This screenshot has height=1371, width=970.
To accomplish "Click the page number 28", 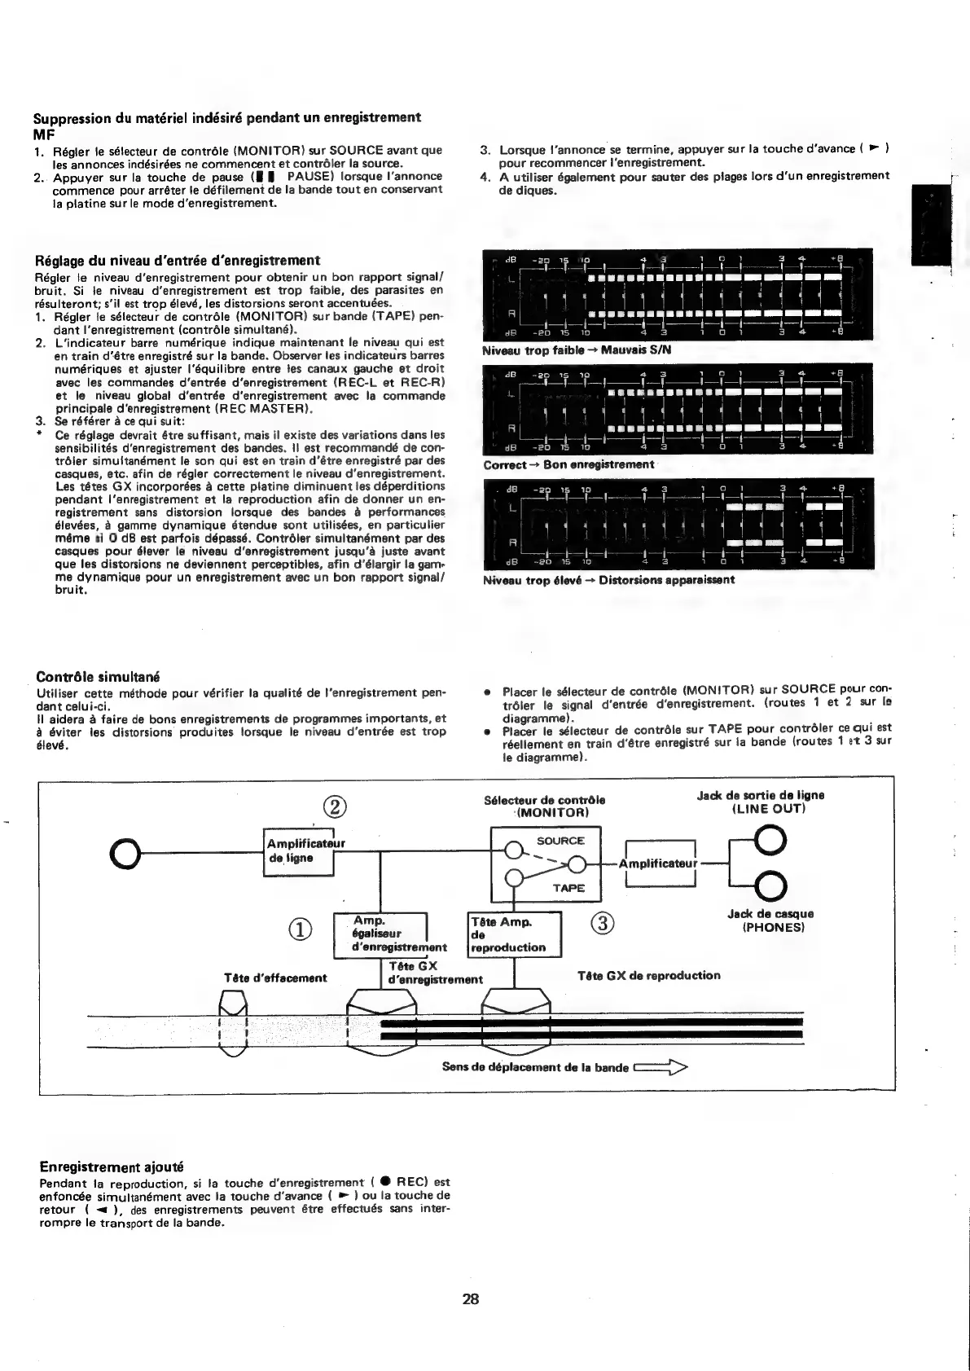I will point(471,1298).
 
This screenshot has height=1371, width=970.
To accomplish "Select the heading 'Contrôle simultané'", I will point(98,677).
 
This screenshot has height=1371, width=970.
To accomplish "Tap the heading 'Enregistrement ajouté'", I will point(112,1167).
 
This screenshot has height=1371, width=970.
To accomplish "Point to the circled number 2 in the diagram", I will point(335,807).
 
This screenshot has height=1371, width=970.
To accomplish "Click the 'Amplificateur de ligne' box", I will point(300,851).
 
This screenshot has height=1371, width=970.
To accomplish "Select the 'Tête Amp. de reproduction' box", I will point(515,934).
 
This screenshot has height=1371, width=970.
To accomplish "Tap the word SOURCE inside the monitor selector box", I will point(560,841).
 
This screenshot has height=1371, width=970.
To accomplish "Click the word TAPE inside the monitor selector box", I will point(568,888).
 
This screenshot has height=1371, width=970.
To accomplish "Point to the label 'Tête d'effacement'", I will point(275,978).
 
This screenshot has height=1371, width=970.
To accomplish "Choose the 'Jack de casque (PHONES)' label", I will point(770,921).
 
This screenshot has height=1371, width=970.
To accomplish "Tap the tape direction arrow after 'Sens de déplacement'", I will point(660,1066).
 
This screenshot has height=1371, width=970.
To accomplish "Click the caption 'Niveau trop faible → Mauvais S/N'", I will point(577,350).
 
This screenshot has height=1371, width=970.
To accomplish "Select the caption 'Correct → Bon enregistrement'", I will point(568,464).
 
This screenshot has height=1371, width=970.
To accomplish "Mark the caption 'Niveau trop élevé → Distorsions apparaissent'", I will point(608,580).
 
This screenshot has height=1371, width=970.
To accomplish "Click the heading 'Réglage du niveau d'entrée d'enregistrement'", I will point(178,261).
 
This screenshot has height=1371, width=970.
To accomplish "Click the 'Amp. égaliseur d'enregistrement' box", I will point(381,934).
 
